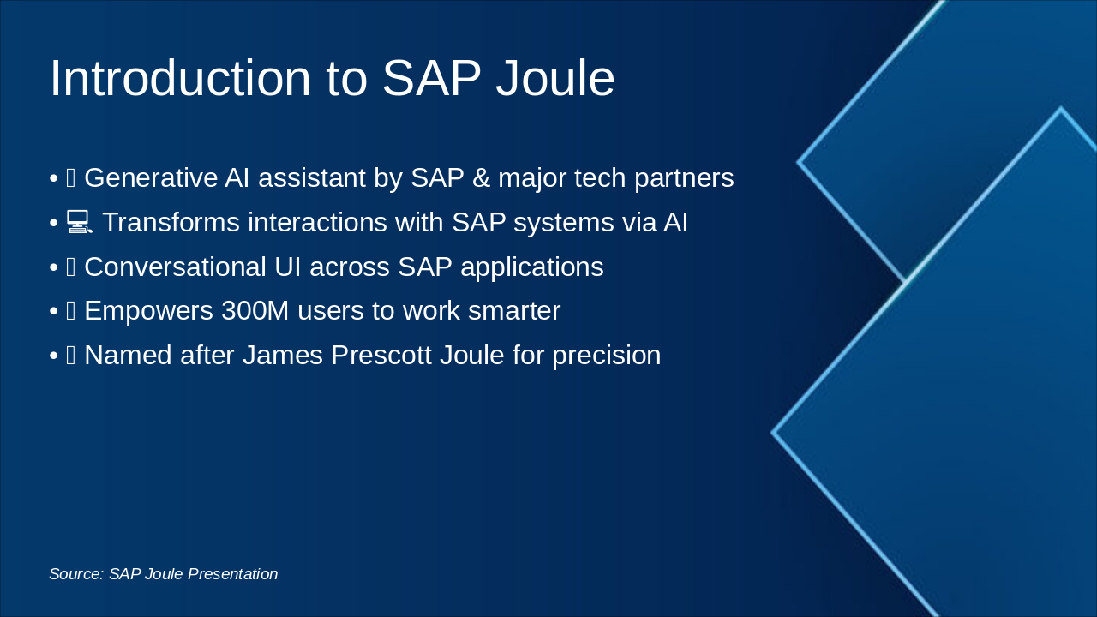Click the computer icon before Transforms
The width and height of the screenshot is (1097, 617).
pos(80,223)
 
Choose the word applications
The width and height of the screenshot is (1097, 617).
pos(531,267)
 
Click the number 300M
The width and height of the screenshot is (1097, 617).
pos(255,311)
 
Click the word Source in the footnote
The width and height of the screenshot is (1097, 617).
pos(75,574)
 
